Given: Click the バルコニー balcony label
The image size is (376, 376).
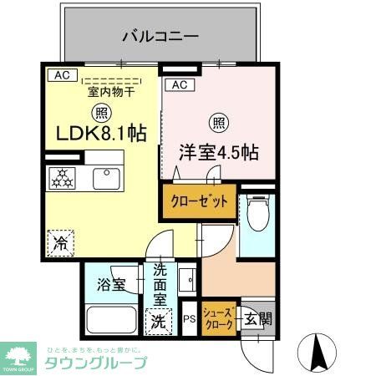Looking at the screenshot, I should tap(160, 36).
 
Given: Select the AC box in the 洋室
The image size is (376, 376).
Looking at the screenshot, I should tap(180, 85).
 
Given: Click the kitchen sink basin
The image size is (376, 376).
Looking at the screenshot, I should tap(106, 179).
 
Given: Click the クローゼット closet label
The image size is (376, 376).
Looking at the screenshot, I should tap(199, 201).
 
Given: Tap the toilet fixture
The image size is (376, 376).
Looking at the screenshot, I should tap(257, 214).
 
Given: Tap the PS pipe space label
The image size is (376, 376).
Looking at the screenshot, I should tap(189, 319).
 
